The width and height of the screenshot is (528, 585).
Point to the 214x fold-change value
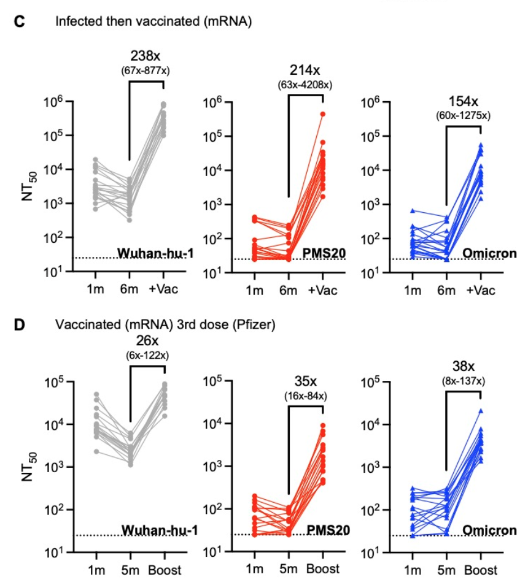coord(306,71)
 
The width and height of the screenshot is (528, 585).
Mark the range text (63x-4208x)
coord(306,85)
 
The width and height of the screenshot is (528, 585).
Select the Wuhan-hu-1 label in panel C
coord(153,251)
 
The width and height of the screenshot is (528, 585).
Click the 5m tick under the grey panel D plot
coord(131,570)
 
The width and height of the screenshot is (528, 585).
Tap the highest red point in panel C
coord(322,114)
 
